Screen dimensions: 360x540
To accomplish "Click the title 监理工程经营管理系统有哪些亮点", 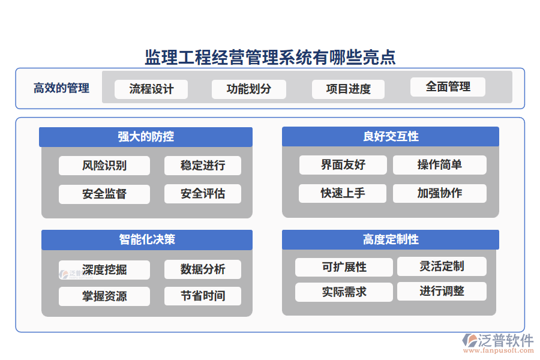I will [x=270, y=58].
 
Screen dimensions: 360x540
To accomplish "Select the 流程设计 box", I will [x=151, y=89].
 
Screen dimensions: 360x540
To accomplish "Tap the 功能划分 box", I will [x=249, y=89].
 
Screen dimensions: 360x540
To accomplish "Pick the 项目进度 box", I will [x=349, y=89].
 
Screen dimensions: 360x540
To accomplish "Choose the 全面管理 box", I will [x=448, y=87].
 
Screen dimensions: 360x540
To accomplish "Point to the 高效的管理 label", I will [x=61, y=88].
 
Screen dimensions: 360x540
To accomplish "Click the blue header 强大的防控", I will [x=146, y=137].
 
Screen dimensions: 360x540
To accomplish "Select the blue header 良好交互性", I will [x=391, y=137].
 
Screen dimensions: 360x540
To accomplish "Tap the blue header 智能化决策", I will [x=147, y=240].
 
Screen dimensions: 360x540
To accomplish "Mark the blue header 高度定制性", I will [x=391, y=240].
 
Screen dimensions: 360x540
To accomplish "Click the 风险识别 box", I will [x=104, y=166].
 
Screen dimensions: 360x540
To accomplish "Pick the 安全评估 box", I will [x=203, y=194].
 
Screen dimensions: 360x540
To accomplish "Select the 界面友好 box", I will [x=343, y=165].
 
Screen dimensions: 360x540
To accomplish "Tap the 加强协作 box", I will [x=440, y=193].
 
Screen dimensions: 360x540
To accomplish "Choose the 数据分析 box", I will [x=203, y=269].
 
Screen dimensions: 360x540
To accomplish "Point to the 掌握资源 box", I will [x=104, y=296].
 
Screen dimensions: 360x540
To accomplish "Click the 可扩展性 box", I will [x=344, y=267].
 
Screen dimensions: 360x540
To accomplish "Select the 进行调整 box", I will [x=442, y=292].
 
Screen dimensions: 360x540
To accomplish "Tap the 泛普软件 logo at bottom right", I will [x=497, y=341].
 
